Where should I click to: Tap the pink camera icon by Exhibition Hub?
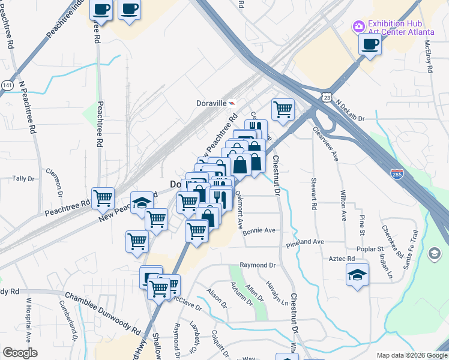click(x=359, y=26)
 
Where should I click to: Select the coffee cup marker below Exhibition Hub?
click(x=370, y=44)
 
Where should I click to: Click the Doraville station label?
click(x=212, y=103)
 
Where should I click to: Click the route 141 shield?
click(x=6, y=85)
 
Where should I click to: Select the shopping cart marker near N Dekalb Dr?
click(x=283, y=110)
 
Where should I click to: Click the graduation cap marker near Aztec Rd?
click(x=358, y=275)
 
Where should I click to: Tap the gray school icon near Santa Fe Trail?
click(x=433, y=254)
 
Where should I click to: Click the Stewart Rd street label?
click(x=313, y=193)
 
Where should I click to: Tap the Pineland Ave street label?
click(x=305, y=242)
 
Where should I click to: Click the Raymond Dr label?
click(x=257, y=265)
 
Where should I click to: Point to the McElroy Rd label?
click(x=429, y=57)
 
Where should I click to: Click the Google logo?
click(x=19, y=353)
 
